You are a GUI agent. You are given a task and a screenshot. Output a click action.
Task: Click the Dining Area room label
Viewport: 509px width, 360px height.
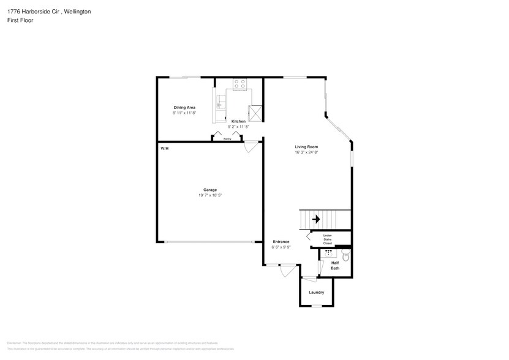tap(184, 107)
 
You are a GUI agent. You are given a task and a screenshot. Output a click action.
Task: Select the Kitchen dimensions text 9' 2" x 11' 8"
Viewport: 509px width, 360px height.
tap(238, 126)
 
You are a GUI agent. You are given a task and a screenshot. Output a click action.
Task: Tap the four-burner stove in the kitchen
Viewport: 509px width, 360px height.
tap(239, 84)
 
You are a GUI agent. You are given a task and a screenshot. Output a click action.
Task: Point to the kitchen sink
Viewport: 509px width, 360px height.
tap(218, 105)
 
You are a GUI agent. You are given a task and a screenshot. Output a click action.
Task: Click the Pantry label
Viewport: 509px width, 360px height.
tap(227, 139)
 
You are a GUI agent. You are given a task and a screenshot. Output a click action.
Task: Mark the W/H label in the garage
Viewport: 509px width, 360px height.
tap(164, 149)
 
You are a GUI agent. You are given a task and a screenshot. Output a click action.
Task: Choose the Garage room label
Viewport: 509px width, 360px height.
tap(210, 190)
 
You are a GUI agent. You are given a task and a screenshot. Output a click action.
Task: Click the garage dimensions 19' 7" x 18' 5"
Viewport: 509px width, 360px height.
tap(210, 195)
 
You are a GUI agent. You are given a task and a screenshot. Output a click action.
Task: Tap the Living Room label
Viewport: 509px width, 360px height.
tap(306, 147)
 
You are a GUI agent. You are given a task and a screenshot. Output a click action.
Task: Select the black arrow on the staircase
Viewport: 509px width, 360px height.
tap(316, 219)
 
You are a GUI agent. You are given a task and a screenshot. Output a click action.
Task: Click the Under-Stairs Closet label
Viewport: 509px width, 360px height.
tap(327, 239)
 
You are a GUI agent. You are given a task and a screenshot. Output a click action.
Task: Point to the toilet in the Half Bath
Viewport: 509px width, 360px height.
tap(344, 257)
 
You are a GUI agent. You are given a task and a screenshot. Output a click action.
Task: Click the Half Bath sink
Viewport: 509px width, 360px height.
tap(329, 252)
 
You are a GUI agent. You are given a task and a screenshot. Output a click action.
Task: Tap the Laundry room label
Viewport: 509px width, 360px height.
tap(316, 292)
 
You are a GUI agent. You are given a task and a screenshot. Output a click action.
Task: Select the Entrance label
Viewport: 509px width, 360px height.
tap(281, 242)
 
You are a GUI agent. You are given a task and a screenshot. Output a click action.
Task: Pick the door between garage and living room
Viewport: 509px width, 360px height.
tap(251, 147)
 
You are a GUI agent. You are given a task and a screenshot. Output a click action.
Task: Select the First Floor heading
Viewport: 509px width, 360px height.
tap(21, 20)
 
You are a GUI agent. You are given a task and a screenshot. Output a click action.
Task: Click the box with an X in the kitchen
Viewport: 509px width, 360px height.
tap(255, 113)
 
